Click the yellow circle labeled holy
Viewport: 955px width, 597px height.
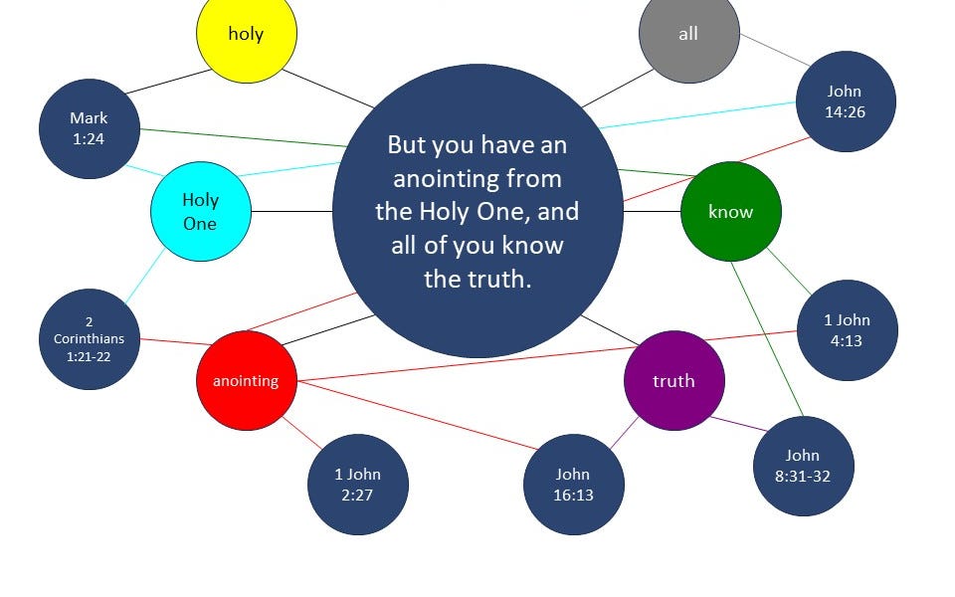pos(246,33)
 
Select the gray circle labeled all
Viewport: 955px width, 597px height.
pos(688,33)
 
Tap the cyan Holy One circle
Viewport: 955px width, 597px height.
pos(200,211)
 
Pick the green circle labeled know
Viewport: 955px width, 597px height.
pos(730,211)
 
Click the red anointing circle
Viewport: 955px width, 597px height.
pos(246,380)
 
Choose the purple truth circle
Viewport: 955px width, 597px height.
pos(673,380)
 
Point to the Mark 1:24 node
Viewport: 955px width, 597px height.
pos(89,128)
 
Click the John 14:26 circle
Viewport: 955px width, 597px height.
pos(845,101)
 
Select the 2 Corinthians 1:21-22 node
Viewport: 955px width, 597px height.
pos(90,338)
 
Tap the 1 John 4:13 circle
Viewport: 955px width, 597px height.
pos(847,329)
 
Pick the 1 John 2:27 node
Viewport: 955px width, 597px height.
pos(357,485)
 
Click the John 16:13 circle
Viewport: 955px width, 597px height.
pos(573,485)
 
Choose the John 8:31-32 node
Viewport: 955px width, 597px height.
pos(803,466)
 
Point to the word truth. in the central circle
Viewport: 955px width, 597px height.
pos(477,279)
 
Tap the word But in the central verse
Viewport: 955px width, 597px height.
pos(406,145)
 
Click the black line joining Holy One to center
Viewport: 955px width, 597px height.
pos(291,211)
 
